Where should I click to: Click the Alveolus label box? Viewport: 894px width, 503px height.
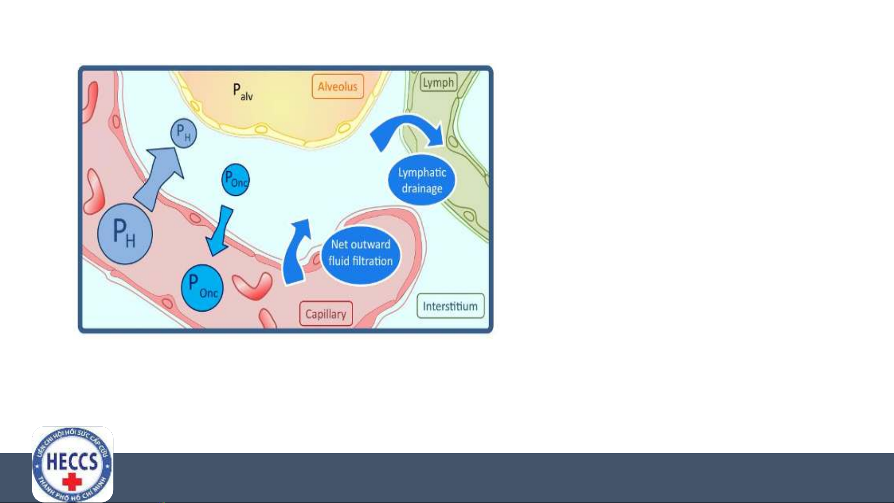click(x=337, y=87)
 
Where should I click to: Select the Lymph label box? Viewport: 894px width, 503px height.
click(x=438, y=83)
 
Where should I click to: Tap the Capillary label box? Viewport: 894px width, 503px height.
click(x=326, y=314)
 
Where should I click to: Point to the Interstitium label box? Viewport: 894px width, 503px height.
click(x=450, y=306)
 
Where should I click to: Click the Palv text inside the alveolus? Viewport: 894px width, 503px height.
click(x=243, y=92)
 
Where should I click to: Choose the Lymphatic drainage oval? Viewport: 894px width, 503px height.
click(x=422, y=180)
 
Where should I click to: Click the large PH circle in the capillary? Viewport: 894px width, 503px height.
click(x=125, y=234)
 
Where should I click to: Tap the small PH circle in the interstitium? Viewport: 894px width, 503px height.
click(x=184, y=133)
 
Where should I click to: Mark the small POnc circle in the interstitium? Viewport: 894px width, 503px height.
click(x=235, y=180)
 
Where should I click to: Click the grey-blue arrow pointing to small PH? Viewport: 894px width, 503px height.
click(x=158, y=179)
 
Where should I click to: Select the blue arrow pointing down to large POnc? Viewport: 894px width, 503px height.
click(x=220, y=231)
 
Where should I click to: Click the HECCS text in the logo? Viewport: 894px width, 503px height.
click(x=72, y=462)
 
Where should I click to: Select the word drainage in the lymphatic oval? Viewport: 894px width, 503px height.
click(x=422, y=189)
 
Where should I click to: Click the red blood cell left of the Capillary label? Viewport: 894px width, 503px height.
click(x=253, y=286)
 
